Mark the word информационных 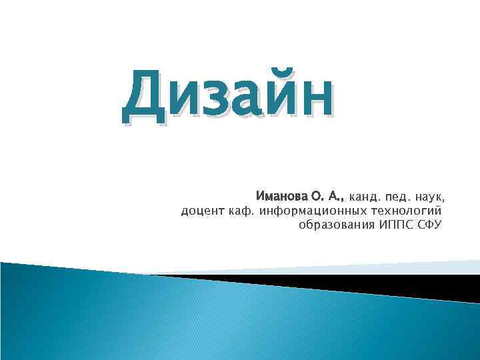(311, 211)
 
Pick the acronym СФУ (429, 225)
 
